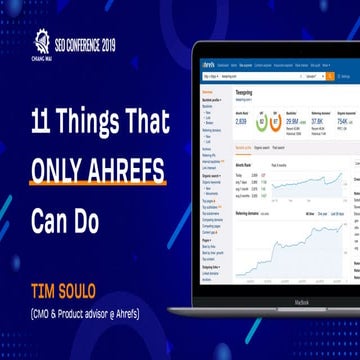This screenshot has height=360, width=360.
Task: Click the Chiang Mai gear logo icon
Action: tap(42, 41)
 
